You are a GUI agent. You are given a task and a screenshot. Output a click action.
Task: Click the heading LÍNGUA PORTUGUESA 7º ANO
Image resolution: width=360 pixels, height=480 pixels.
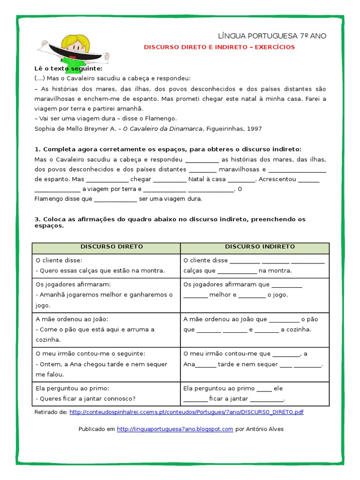coord(272,36)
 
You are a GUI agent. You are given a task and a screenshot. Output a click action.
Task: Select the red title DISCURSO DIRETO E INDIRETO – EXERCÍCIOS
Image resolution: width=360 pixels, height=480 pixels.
coord(219,47)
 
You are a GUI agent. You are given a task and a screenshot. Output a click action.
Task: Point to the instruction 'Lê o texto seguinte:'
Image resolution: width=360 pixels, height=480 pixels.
coord(68,68)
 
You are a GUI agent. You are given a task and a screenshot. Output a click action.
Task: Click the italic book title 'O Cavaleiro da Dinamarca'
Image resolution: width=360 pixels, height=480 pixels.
coord(162,128)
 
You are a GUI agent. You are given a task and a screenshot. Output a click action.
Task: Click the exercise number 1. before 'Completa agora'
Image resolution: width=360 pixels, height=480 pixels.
coord(37,149)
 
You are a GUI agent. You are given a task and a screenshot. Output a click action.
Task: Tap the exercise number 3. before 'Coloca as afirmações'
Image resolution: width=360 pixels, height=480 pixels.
coord(37,219)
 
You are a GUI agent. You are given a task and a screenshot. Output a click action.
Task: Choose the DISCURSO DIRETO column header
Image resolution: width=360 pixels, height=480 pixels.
coord(106,247)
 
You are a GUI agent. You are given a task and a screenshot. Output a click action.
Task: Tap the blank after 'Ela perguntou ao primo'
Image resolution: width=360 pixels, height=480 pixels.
coord(264,389)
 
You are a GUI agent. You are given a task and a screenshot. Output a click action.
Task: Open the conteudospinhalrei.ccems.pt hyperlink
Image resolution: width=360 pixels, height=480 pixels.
coord(187,412)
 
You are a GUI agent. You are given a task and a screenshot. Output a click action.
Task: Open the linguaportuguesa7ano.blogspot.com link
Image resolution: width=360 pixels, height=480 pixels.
coord(175,429)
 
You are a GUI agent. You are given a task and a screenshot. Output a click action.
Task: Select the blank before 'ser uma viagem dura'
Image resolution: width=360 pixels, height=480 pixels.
coord(115,199)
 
